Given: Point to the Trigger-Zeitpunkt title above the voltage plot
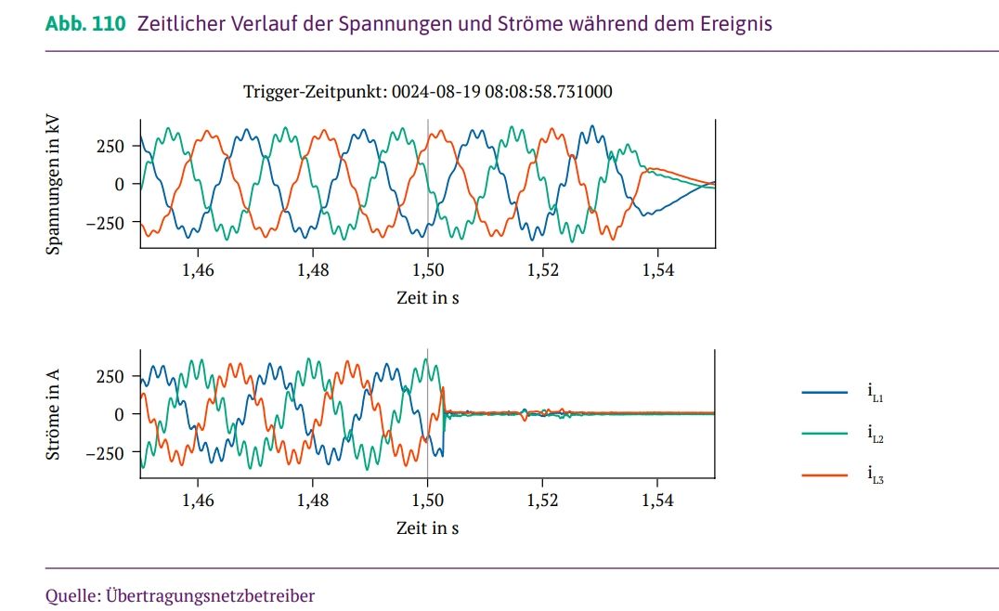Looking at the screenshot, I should tap(427, 91).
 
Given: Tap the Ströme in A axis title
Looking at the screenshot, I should tap(56, 412).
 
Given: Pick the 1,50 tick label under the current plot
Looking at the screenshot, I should tap(427, 500).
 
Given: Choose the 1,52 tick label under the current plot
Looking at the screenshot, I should tap(542, 500).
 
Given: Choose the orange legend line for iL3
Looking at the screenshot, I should tap(824, 475).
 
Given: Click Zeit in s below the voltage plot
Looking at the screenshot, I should tap(427, 298).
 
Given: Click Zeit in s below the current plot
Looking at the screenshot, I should tap(427, 527).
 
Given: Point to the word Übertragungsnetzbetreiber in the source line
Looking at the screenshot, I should tap(211, 594).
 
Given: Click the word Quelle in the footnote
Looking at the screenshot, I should tap(71, 594).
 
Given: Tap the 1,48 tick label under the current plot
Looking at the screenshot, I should tap(312, 500).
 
